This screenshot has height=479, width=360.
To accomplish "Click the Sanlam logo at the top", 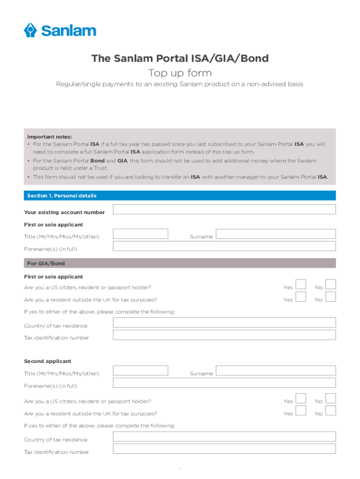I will click(60, 30).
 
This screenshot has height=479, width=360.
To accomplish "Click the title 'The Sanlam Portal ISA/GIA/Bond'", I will click(180, 58).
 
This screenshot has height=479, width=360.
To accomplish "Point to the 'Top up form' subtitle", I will click(180, 73).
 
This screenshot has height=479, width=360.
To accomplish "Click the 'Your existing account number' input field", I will click(224, 210).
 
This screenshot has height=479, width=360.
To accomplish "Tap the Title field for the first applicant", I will click(141, 234).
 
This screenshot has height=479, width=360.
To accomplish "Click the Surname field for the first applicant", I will click(275, 234).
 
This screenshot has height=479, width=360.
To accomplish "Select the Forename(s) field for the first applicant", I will click(224, 246).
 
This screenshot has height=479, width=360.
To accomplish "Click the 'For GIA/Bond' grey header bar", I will click(180, 263).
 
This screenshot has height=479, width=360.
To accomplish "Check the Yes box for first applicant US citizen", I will click(301, 284).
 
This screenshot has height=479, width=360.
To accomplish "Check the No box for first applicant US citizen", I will click(331, 284).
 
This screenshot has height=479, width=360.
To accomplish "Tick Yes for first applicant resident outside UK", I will click(301, 297).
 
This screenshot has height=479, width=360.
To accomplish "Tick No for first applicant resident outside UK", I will click(331, 297).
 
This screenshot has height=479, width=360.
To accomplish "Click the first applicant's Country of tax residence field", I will click(224, 322).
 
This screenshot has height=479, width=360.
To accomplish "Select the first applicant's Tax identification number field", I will click(224, 335).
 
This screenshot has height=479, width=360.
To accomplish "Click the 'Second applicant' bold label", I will click(48, 361).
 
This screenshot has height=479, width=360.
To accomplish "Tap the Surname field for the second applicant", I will click(275, 370).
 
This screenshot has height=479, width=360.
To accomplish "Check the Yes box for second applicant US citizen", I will click(301, 398).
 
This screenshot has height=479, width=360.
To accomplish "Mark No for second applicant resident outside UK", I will click(331, 411).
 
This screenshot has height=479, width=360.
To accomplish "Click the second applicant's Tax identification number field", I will click(224, 449).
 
